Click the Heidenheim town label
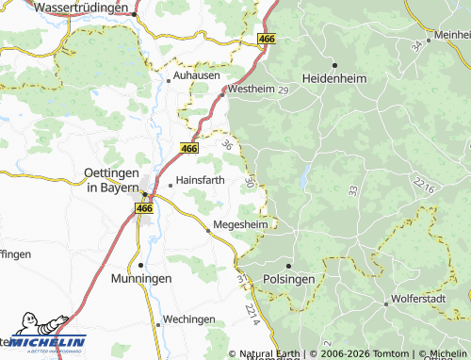click(333, 77)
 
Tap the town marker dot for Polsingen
click(289, 265)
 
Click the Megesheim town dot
click(208, 230)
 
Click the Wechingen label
click(189, 319)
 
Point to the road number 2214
click(251, 310)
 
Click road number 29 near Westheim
click(282, 89)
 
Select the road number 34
click(416, 45)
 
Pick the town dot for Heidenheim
click(334, 64)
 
